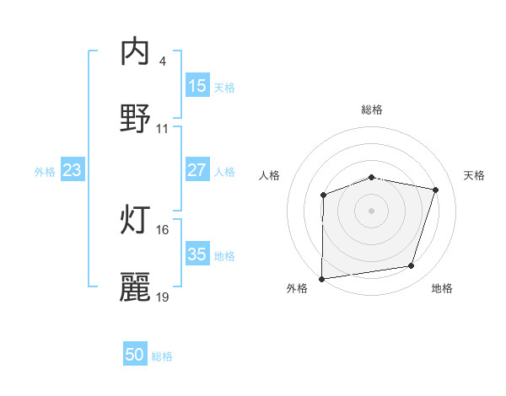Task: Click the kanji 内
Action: click(136, 52)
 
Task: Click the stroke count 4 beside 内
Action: click(162, 62)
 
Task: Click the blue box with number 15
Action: click(196, 86)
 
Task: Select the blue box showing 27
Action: click(196, 170)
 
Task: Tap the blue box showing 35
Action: click(196, 254)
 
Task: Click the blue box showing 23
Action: click(73, 170)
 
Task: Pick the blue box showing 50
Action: click(135, 356)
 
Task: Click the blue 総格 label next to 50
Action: click(162, 356)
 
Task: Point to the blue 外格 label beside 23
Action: click(45, 171)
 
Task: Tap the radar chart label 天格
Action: click(474, 175)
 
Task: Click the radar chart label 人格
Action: click(270, 175)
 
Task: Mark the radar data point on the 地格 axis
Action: click(412, 266)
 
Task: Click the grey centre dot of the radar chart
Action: click(371, 210)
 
